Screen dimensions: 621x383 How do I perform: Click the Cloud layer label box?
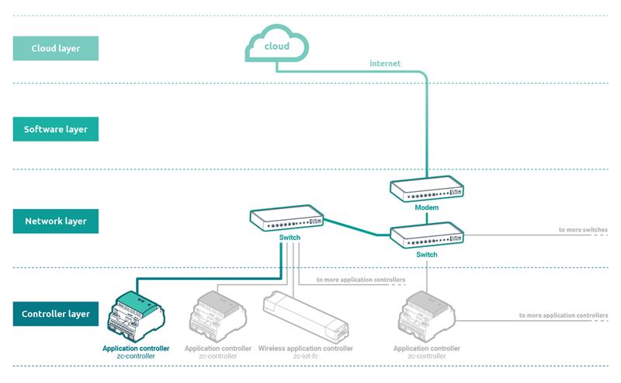pyautogui.click(x=55, y=48)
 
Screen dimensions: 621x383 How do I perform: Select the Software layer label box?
pyautogui.click(x=55, y=129)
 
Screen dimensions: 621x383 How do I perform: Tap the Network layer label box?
pyautogui.click(x=55, y=221)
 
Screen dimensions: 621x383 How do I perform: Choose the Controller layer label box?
pyautogui.click(x=55, y=314)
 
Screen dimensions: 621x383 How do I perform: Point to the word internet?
pyautogui.click(x=385, y=64)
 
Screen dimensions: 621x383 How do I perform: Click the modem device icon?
pyautogui.click(x=426, y=189)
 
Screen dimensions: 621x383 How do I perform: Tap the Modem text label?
pyautogui.click(x=426, y=207)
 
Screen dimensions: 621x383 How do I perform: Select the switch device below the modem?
pyautogui.click(x=426, y=235)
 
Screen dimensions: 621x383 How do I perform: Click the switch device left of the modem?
pyautogui.click(x=286, y=218)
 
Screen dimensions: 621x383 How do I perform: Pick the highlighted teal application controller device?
pyautogui.click(x=136, y=316)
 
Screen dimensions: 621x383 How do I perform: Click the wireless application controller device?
pyautogui.click(x=306, y=316)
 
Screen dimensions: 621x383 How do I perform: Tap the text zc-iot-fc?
pyautogui.click(x=305, y=356)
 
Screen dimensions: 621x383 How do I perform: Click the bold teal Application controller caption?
pyautogui.click(x=136, y=348)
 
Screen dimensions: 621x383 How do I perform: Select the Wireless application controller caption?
pyautogui.click(x=305, y=348)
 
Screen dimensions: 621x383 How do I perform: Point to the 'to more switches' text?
pyautogui.click(x=583, y=229)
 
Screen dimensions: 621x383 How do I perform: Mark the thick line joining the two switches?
pyautogui.click(x=357, y=228)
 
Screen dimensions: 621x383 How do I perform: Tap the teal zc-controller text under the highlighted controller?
pyautogui.click(x=136, y=356)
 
